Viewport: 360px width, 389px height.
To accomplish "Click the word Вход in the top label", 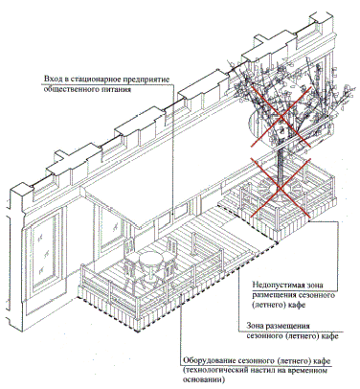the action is coord(52,80).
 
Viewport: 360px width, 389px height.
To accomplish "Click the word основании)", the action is coord(204,380).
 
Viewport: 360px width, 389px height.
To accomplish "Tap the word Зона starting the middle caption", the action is coord(256,326).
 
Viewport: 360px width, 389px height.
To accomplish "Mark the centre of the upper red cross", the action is coord(281,117).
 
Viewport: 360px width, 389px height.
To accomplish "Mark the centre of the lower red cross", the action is coord(281,189).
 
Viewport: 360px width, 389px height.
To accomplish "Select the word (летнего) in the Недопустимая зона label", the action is coord(267,305).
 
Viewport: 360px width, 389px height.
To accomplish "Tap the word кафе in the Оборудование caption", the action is coord(322,361).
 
